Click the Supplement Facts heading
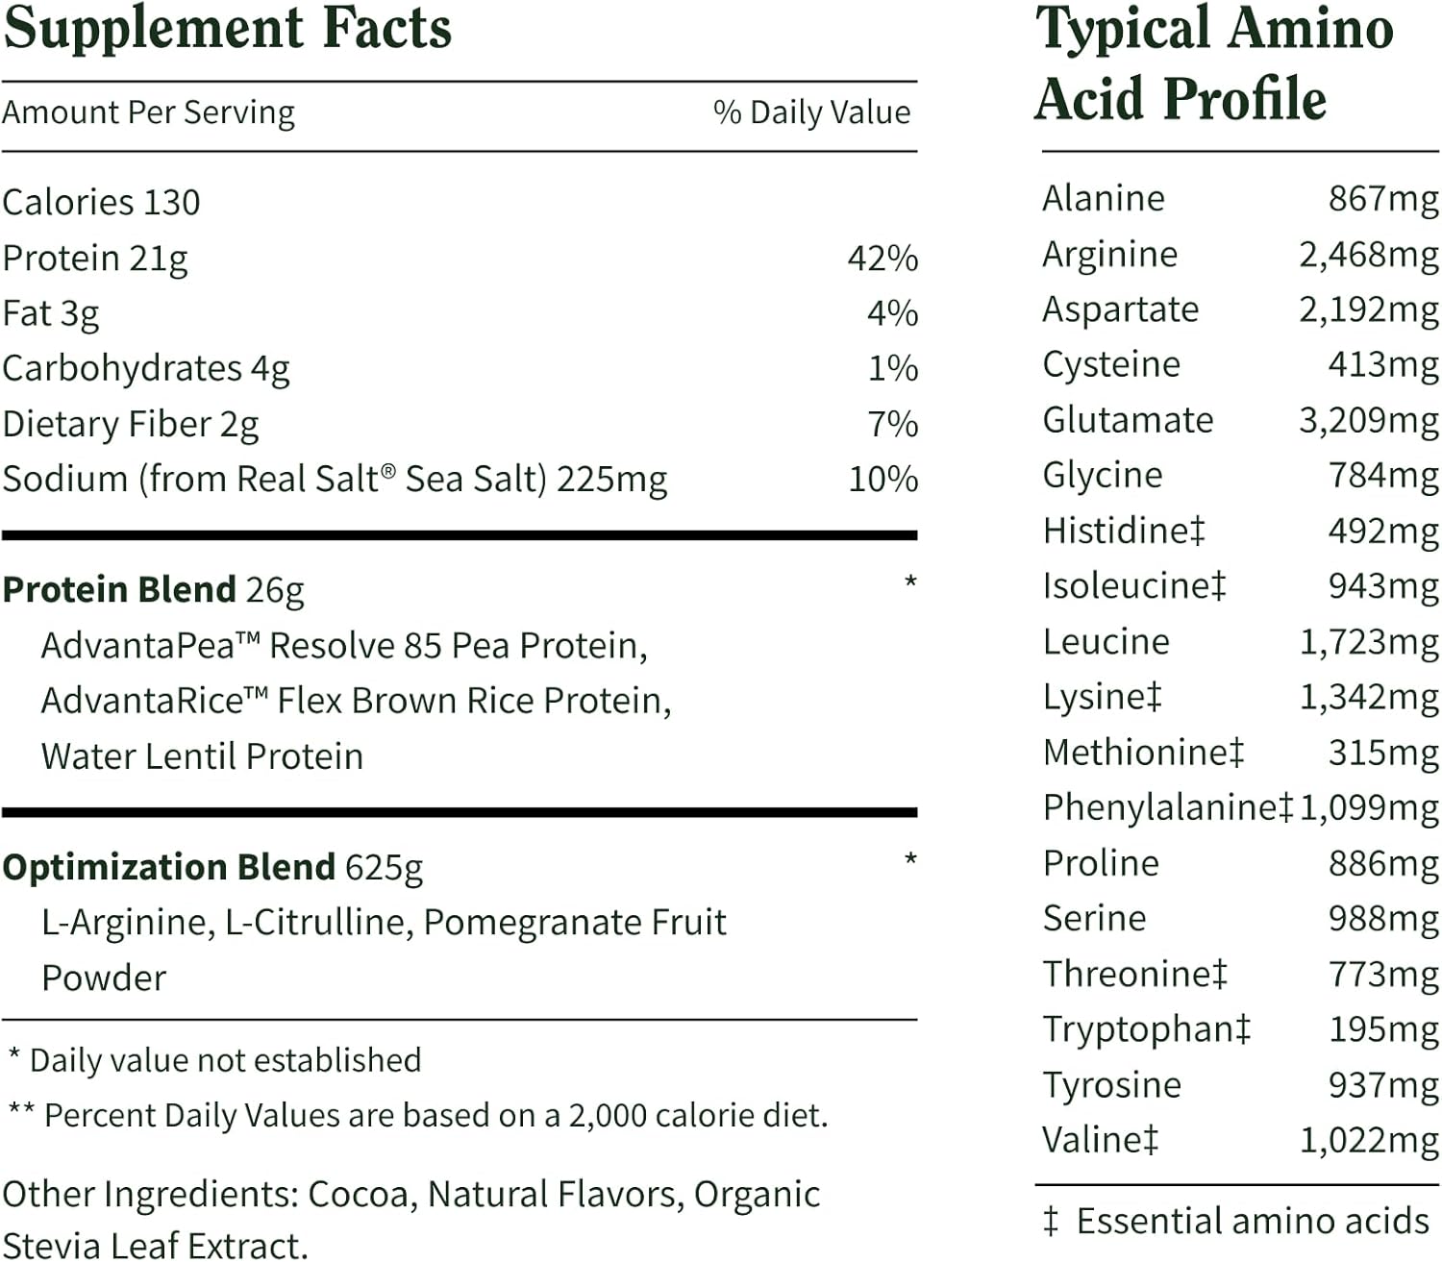(x=227, y=29)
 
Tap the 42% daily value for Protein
(x=883, y=259)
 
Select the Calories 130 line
(x=101, y=203)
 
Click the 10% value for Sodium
(x=883, y=480)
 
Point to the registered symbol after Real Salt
(x=388, y=471)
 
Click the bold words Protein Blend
(x=119, y=589)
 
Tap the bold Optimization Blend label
(x=168, y=867)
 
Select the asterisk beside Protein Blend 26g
(x=910, y=582)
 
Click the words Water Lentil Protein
(x=202, y=756)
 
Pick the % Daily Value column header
(x=811, y=112)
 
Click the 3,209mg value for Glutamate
(x=1368, y=420)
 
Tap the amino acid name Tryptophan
(x=1137, y=1029)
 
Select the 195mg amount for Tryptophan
(x=1383, y=1029)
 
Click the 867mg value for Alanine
(x=1383, y=199)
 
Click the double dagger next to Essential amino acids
(x=1050, y=1221)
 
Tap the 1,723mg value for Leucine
(x=1368, y=641)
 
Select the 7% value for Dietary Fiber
(x=892, y=424)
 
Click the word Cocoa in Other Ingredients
(x=361, y=1195)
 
